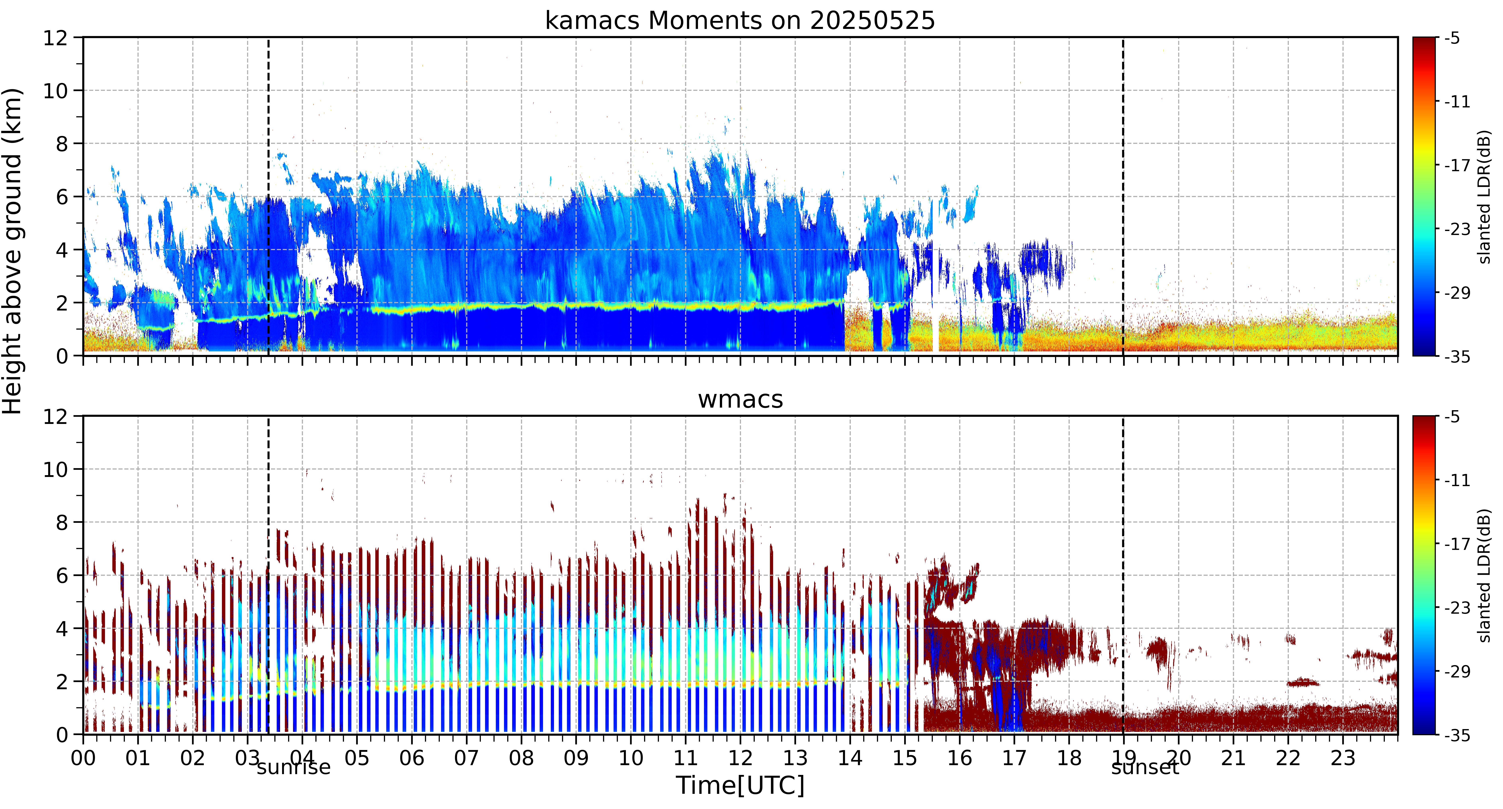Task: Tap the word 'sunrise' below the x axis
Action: coord(293,767)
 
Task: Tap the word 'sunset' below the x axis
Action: coord(1145,767)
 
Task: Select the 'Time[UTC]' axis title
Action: coord(740,786)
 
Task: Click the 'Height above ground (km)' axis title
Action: coord(12,251)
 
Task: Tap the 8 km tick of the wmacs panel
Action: coord(62,522)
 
